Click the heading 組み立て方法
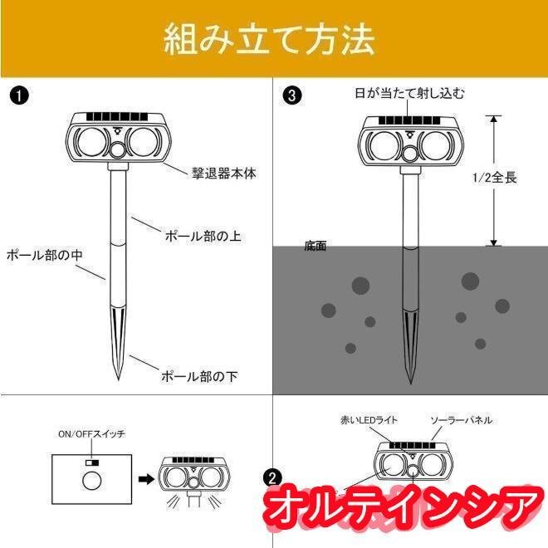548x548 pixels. pyautogui.click(x=270, y=40)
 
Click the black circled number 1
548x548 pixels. pyautogui.click(x=19, y=95)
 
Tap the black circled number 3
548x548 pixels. pyautogui.click(x=291, y=95)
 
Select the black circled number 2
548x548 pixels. pyautogui.click(x=272, y=477)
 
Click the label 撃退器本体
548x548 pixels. pyautogui.click(x=224, y=174)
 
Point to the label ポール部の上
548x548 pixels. pyautogui.click(x=203, y=237)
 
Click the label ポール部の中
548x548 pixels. pyautogui.click(x=44, y=255)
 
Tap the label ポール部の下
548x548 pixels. pyautogui.click(x=199, y=376)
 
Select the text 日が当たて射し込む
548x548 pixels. pyautogui.click(x=409, y=93)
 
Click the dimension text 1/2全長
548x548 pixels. pyautogui.click(x=494, y=178)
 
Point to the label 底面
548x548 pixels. pyautogui.click(x=316, y=246)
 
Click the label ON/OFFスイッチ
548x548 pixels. pyautogui.click(x=91, y=434)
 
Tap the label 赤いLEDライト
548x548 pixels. pyautogui.click(x=369, y=420)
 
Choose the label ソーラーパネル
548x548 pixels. pyautogui.click(x=462, y=420)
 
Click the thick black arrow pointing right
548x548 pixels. pyautogui.click(x=146, y=479)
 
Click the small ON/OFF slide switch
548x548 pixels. pyautogui.click(x=92, y=462)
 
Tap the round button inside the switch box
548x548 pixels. pyautogui.click(x=92, y=481)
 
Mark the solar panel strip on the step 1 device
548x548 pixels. pyautogui.click(x=117, y=117)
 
